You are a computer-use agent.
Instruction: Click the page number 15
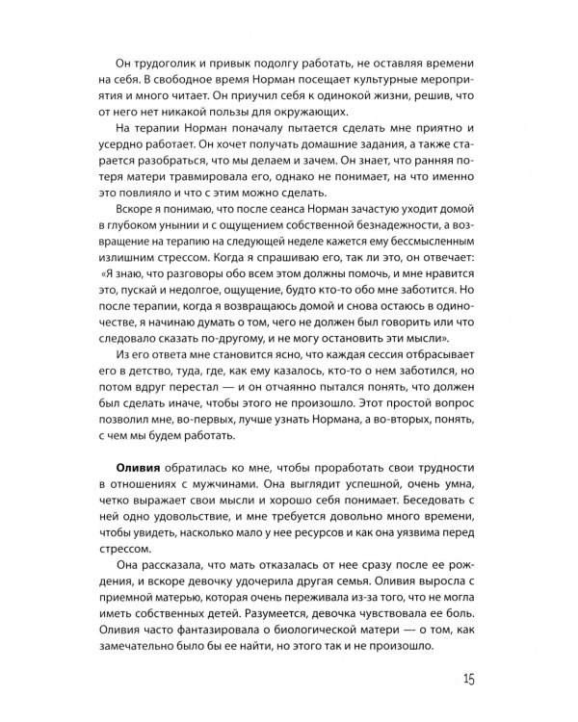468,680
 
